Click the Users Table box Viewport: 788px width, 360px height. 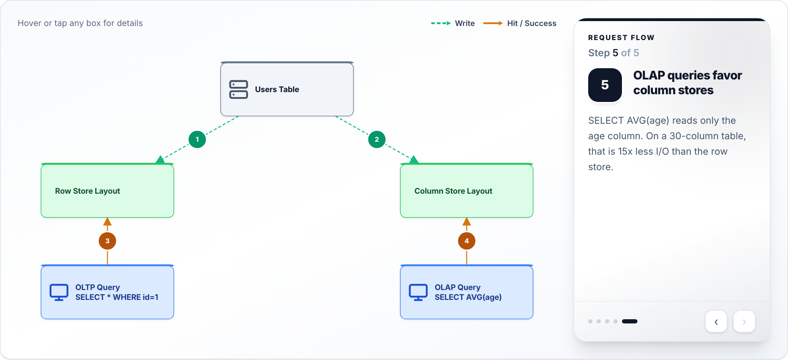click(x=287, y=89)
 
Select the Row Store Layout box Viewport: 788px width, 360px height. click(x=107, y=191)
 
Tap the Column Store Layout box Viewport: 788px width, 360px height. click(x=466, y=191)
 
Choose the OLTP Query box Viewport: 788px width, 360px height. click(x=107, y=292)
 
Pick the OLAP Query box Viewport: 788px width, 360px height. click(x=466, y=292)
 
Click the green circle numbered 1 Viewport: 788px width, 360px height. click(x=197, y=139)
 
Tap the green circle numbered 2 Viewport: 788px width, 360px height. click(x=377, y=139)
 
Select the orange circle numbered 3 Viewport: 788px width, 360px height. click(x=107, y=241)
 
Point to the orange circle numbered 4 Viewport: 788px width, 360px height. click(x=466, y=241)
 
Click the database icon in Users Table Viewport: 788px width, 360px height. click(x=239, y=89)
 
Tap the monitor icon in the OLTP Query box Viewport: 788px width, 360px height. click(x=59, y=292)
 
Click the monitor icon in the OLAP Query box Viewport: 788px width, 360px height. click(x=418, y=292)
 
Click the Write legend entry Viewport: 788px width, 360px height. click(x=453, y=23)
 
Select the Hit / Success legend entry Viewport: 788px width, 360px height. click(x=520, y=23)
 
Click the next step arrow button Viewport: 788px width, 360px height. click(x=744, y=322)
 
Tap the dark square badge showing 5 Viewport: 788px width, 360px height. click(x=605, y=85)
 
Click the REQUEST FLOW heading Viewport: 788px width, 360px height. click(x=621, y=38)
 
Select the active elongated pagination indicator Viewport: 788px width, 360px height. click(x=630, y=321)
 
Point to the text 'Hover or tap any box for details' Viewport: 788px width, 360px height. click(x=80, y=23)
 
